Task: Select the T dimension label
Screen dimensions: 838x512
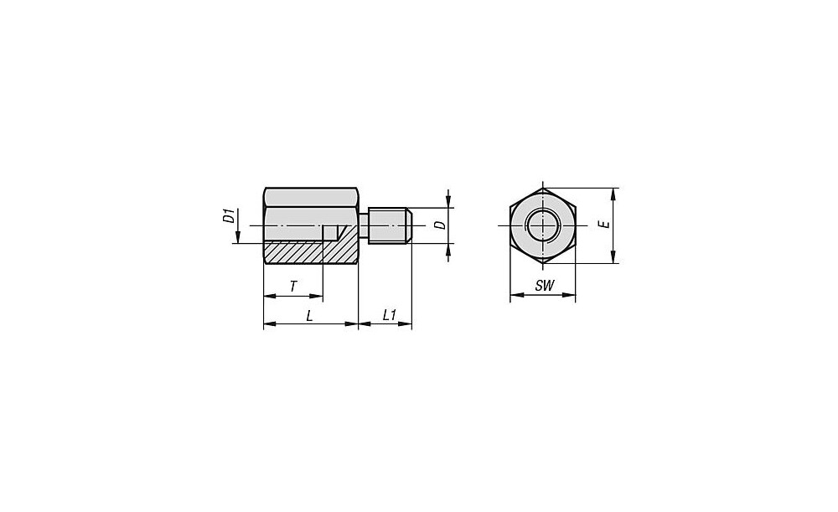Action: pos(292,287)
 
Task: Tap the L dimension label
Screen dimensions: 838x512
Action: pos(310,316)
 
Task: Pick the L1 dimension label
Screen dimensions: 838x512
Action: pos(390,316)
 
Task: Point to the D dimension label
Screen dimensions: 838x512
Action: pos(440,225)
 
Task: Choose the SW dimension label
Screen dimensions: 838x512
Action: pos(545,286)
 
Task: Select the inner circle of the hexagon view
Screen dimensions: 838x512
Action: pos(542,211)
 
